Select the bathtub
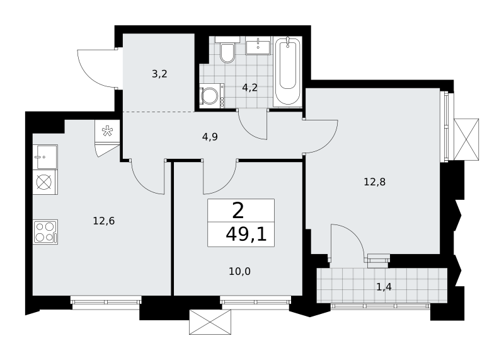(x=287, y=71)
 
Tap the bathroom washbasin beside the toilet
(x=259, y=45)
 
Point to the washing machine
(x=212, y=95)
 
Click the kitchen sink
(x=45, y=157)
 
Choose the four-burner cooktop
(x=45, y=232)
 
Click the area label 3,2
(x=160, y=74)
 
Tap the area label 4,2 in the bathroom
(x=249, y=88)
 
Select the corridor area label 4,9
(x=210, y=137)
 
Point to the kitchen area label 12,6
(x=104, y=221)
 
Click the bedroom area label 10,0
(x=240, y=272)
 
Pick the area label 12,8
(x=374, y=182)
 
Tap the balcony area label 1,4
(x=384, y=287)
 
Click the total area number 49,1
(x=246, y=235)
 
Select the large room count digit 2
(x=238, y=211)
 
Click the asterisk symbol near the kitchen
(x=107, y=132)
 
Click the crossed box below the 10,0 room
(x=210, y=322)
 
